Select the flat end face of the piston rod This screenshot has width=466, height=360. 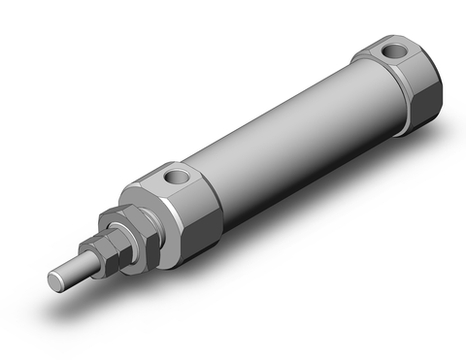56,279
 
